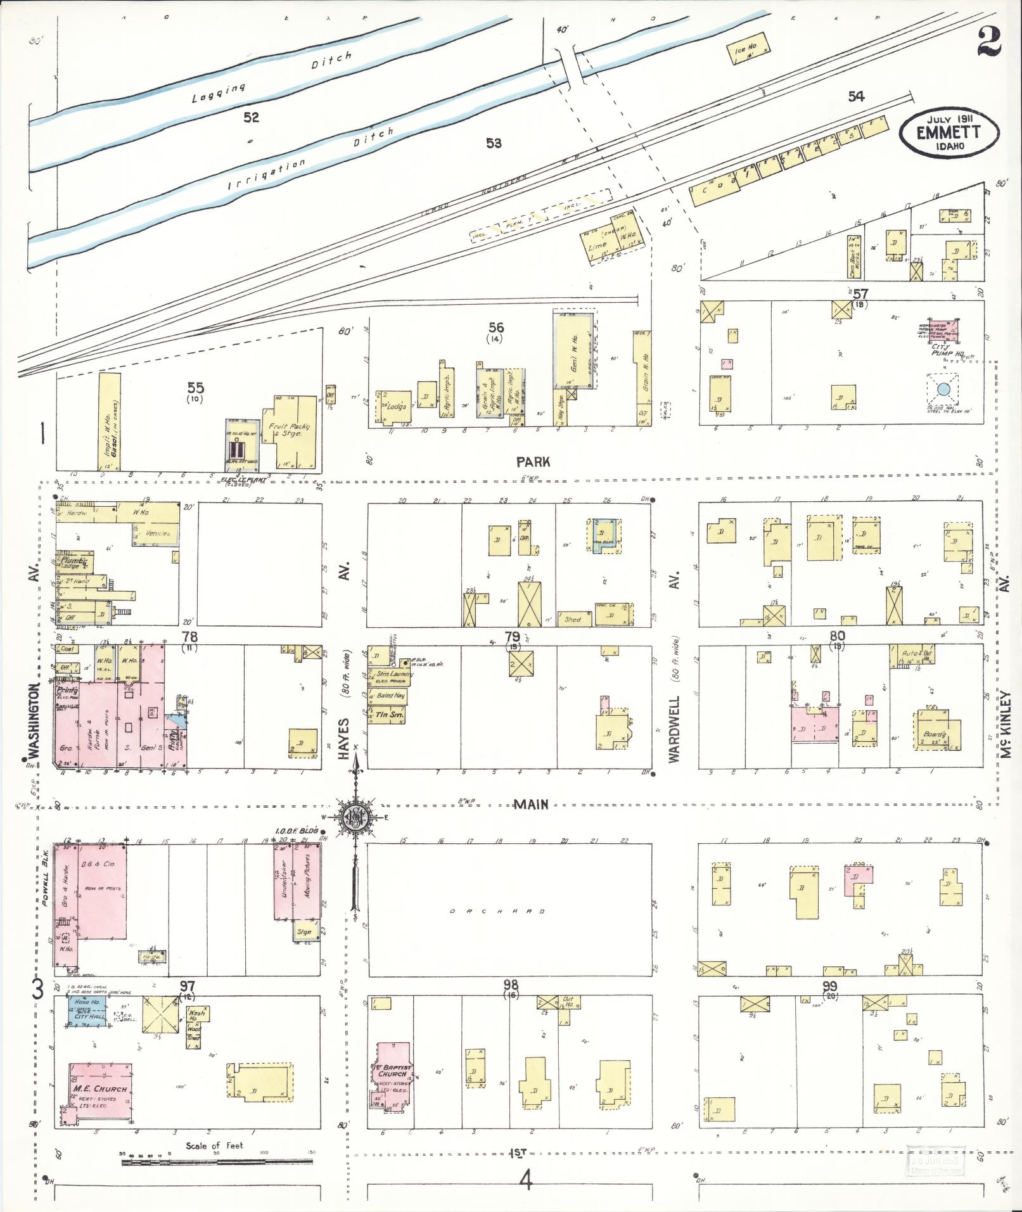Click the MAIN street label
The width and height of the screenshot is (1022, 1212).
pos(531,804)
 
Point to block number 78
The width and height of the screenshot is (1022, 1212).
pos(189,636)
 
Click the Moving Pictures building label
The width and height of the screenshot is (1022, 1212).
pos(307,876)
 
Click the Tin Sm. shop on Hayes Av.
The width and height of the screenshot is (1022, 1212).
pos(387,715)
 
